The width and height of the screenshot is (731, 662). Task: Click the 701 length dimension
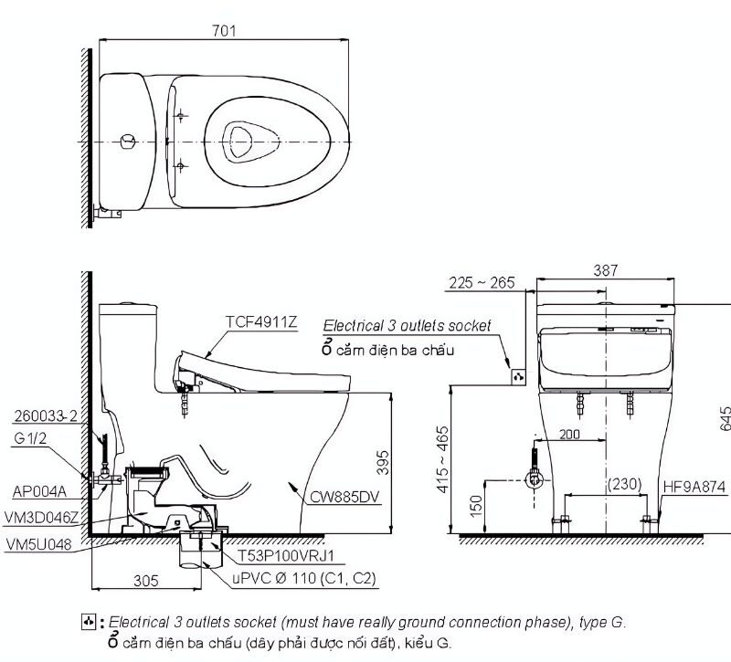[224, 30]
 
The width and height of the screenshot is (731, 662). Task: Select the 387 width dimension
[605, 270]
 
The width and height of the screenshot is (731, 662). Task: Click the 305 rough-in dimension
[146, 580]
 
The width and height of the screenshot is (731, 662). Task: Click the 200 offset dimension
[569, 436]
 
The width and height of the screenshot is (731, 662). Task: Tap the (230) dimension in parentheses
[625, 484]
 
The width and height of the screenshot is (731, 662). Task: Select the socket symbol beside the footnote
[89, 623]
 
